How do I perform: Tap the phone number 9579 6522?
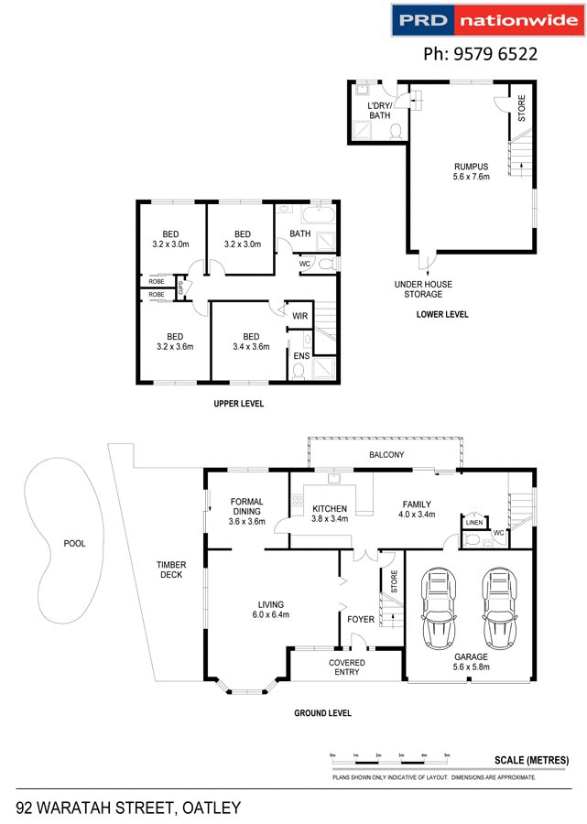point(479,55)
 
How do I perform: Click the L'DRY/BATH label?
point(379,111)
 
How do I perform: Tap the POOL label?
point(74,543)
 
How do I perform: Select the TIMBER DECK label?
point(170,569)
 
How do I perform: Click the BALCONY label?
point(386,455)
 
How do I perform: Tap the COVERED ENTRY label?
point(347,667)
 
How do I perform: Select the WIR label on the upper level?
point(299,316)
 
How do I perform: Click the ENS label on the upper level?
point(300,355)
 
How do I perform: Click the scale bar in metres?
point(390,759)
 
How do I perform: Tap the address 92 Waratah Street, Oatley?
point(128,808)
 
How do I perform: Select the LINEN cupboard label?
point(473,523)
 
